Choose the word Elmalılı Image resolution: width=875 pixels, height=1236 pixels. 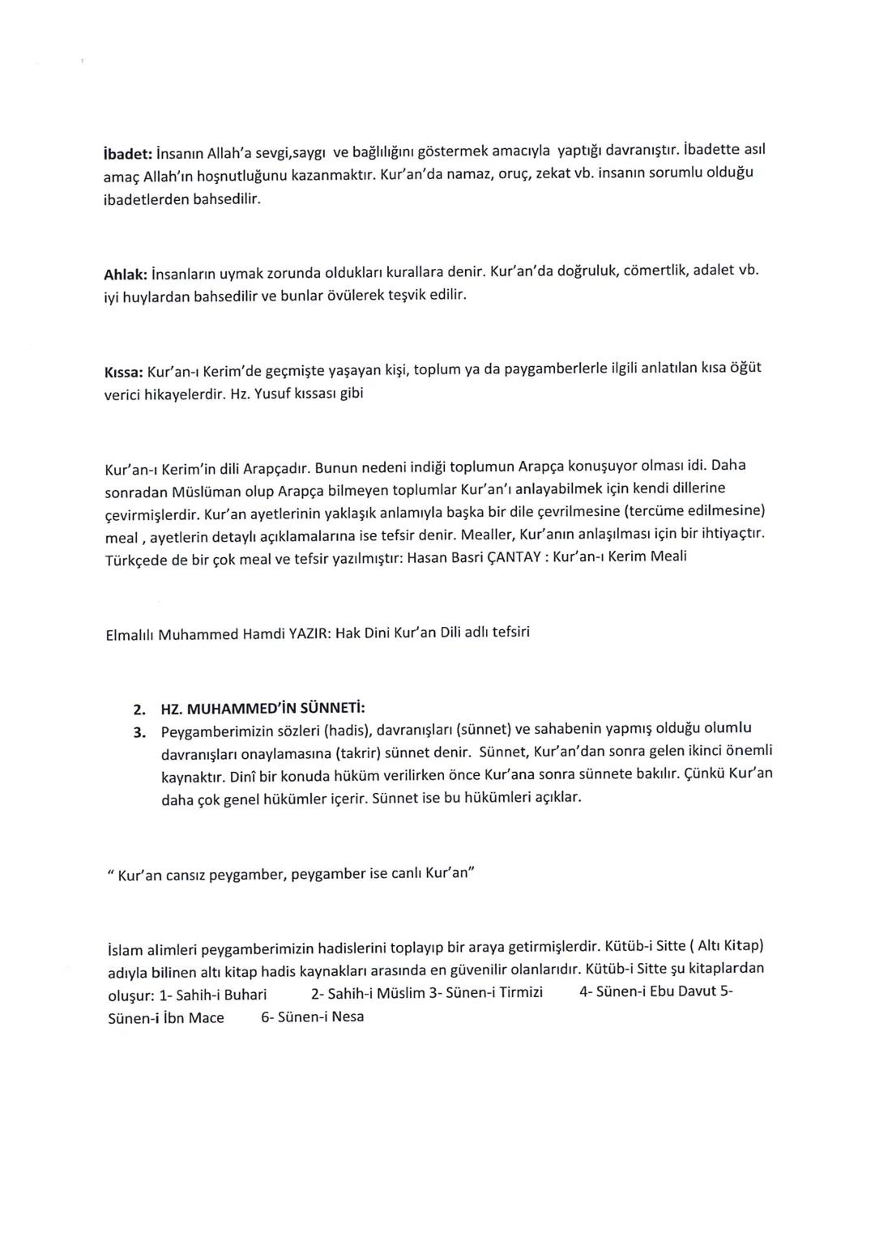tap(130, 636)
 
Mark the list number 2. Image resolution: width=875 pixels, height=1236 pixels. tap(139, 711)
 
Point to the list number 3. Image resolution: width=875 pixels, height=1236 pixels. tap(139, 733)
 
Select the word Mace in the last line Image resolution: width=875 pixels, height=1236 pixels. tap(206, 1018)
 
